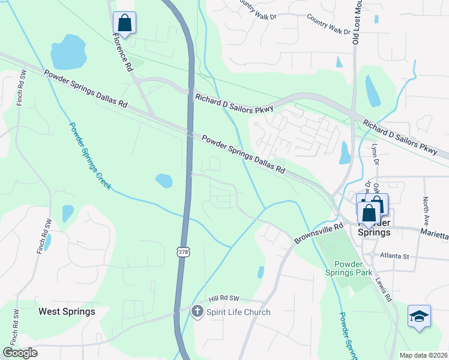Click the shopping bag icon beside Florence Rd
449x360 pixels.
pos(124,23)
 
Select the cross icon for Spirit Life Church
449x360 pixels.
pos(197,311)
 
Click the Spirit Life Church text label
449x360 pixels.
pos(238,312)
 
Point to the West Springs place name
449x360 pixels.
pos(67,311)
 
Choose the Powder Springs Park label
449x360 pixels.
pos(354,268)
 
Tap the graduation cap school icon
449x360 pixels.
pos(418,316)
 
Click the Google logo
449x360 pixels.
pos(20,353)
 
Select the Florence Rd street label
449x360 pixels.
pos(122,52)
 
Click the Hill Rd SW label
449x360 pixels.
pos(224,298)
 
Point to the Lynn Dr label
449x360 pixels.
pos(376,154)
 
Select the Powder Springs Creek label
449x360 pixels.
pos(89,156)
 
